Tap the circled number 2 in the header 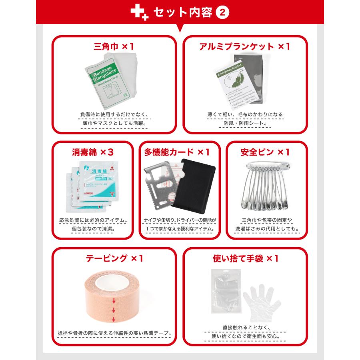coord(222,12)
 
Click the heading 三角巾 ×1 coord(114,47)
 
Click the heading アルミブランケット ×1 coord(245,47)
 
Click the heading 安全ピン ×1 coord(265,152)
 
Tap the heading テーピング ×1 coord(114,258)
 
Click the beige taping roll coord(113,298)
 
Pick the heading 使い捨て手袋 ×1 coord(245,258)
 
